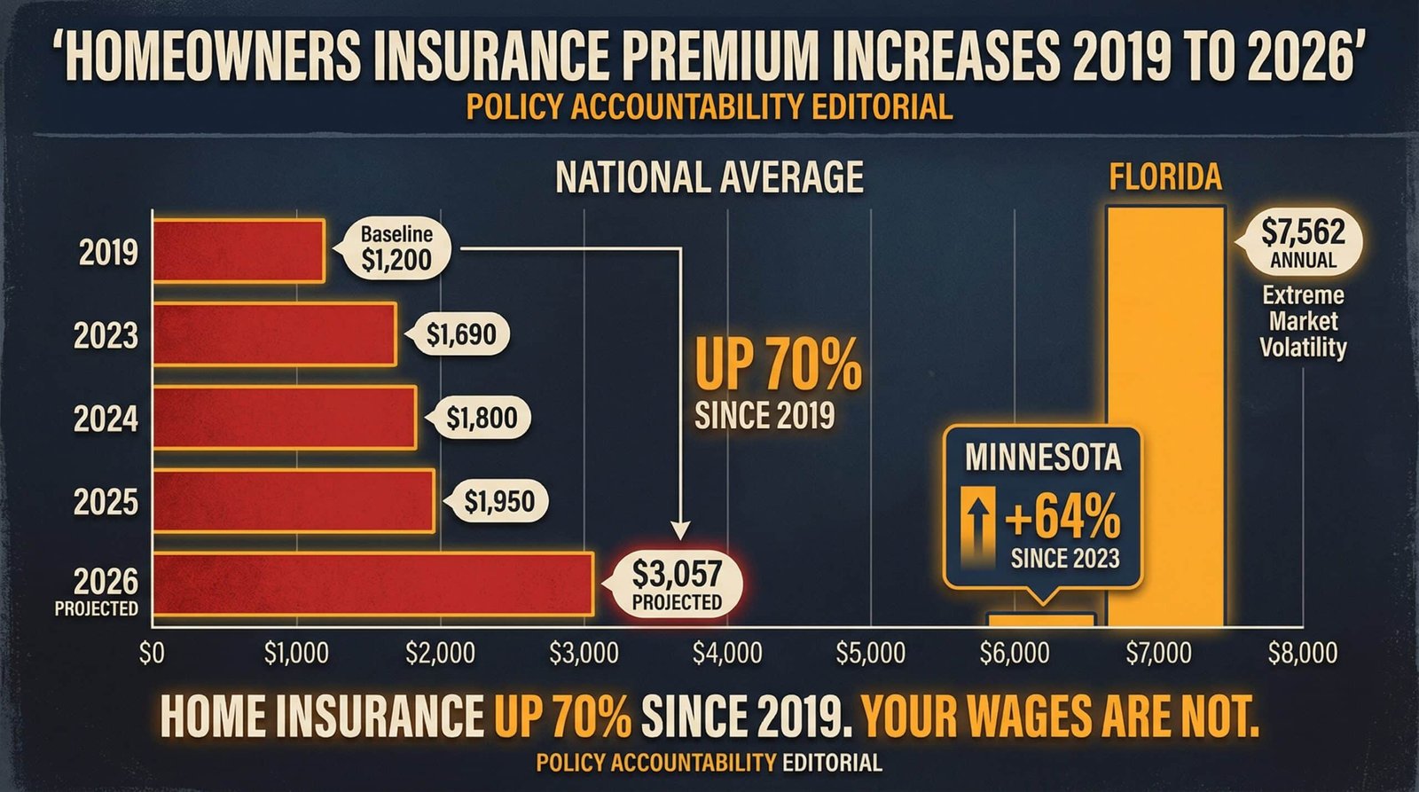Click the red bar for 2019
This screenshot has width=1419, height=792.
pyautogui.click(x=239, y=251)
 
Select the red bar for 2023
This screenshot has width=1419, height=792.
pyautogui.click(x=274, y=334)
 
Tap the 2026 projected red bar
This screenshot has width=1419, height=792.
pyautogui.click(x=372, y=584)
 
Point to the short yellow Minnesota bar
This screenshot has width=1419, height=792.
pyautogui.click(x=1041, y=619)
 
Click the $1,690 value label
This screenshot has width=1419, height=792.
pyautogui.click(x=461, y=334)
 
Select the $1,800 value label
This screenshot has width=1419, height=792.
pyautogui.click(x=482, y=418)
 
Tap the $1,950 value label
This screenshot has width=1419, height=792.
pyautogui.click(x=499, y=502)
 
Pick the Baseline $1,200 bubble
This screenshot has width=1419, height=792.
pyautogui.click(x=396, y=248)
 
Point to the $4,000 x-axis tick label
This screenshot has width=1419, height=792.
pyautogui.click(x=727, y=654)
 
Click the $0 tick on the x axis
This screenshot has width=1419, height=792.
pyautogui.click(x=153, y=654)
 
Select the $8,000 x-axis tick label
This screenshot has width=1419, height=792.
pyautogui.click(x=1302, y=654)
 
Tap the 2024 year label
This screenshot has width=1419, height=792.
pyautogui.click(x=106, y=418)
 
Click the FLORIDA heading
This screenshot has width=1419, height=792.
pyautogui.click(x=1165, y=177)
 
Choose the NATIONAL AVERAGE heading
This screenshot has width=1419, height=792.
pyautogui.click(x=709, y=177)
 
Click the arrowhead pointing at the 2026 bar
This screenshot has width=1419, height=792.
pyautogui.click(x=680, y=530)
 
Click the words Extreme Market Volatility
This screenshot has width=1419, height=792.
pyautogui.click(x=1303, y=321)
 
